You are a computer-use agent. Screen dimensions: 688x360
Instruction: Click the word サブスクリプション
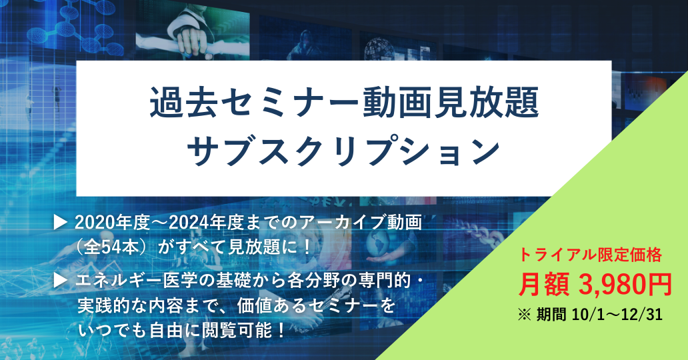344,149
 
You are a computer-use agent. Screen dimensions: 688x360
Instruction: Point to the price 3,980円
625,285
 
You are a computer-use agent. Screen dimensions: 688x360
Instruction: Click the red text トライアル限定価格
591,255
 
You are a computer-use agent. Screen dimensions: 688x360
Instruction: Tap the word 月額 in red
544,285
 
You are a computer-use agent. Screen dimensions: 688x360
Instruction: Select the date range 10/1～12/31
617,315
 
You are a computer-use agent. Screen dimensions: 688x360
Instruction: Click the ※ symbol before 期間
525,315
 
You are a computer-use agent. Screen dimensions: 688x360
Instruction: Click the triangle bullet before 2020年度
60,223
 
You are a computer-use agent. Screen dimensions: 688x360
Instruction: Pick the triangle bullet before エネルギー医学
60,281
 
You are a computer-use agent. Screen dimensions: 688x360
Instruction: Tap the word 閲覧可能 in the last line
237,330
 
